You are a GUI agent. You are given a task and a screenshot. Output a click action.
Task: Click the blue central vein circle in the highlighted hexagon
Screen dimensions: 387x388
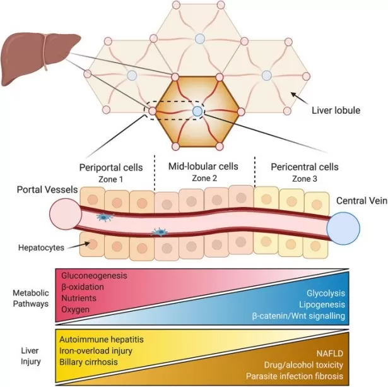[x=197, y=112]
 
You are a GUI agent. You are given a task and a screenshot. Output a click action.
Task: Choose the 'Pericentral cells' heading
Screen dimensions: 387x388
[x=305, y=167]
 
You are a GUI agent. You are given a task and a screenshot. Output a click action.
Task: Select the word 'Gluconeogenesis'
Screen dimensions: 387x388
[x=93, y=277]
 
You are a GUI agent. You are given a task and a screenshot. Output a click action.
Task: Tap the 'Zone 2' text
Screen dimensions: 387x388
[x=203, y=179]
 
